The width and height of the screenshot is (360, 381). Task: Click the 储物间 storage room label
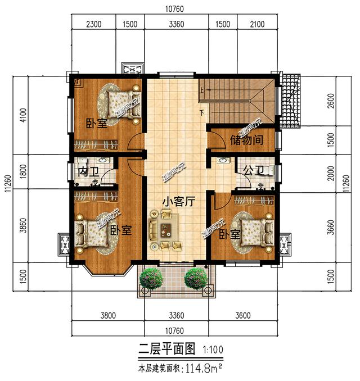(x=246, y=139)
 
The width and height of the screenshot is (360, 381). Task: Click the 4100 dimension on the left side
(x=22, y=115)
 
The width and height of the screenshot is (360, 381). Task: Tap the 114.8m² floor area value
(x=206, y=369)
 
